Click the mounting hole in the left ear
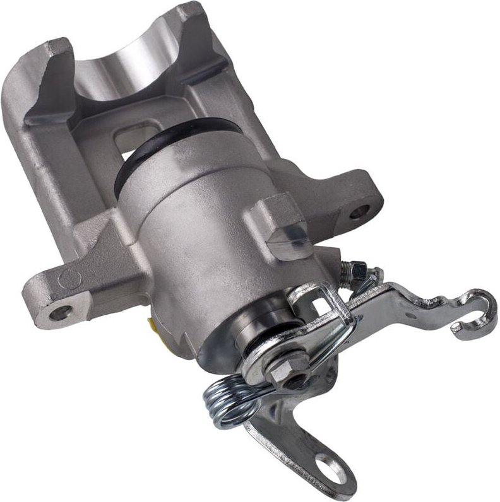point(61,312)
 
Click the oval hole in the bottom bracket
point(328,467)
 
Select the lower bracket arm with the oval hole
point(297,441)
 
